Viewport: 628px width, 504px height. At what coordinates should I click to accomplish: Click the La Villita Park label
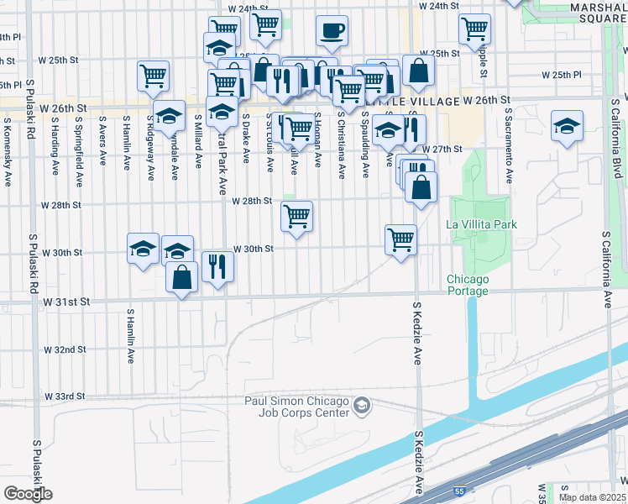481,224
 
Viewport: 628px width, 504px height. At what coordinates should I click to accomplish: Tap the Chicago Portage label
467,285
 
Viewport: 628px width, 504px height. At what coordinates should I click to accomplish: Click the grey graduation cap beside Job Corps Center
362,407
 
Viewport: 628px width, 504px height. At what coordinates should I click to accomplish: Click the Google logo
28,493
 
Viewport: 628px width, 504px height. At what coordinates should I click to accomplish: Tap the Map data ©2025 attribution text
592,497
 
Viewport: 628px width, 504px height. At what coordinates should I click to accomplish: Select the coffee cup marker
332,32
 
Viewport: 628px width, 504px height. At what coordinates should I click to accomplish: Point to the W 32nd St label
65,349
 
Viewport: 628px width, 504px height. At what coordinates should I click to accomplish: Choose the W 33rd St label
65,396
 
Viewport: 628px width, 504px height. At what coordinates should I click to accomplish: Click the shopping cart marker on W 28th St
296,217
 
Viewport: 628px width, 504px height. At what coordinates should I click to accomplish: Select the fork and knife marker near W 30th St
217,267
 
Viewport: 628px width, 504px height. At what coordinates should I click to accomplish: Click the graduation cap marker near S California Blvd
568,127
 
